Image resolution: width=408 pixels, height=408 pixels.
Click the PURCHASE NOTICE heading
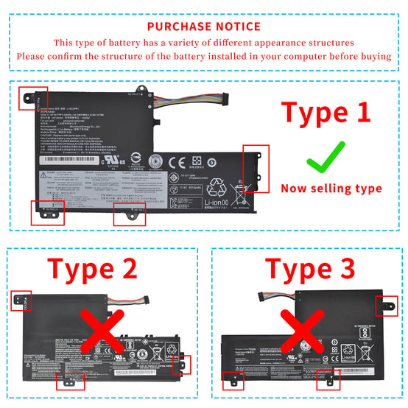point(204,27)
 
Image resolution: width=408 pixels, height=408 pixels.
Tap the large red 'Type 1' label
point(327,113)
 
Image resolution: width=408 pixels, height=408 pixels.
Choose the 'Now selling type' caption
point(331,189)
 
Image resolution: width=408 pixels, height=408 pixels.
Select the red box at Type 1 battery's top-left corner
point(34,96)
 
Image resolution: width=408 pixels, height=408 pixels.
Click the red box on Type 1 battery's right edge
point(256,169)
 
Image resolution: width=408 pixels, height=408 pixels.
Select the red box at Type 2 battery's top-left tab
point(22,301)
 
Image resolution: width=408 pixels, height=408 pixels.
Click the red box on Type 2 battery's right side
point(180,365)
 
